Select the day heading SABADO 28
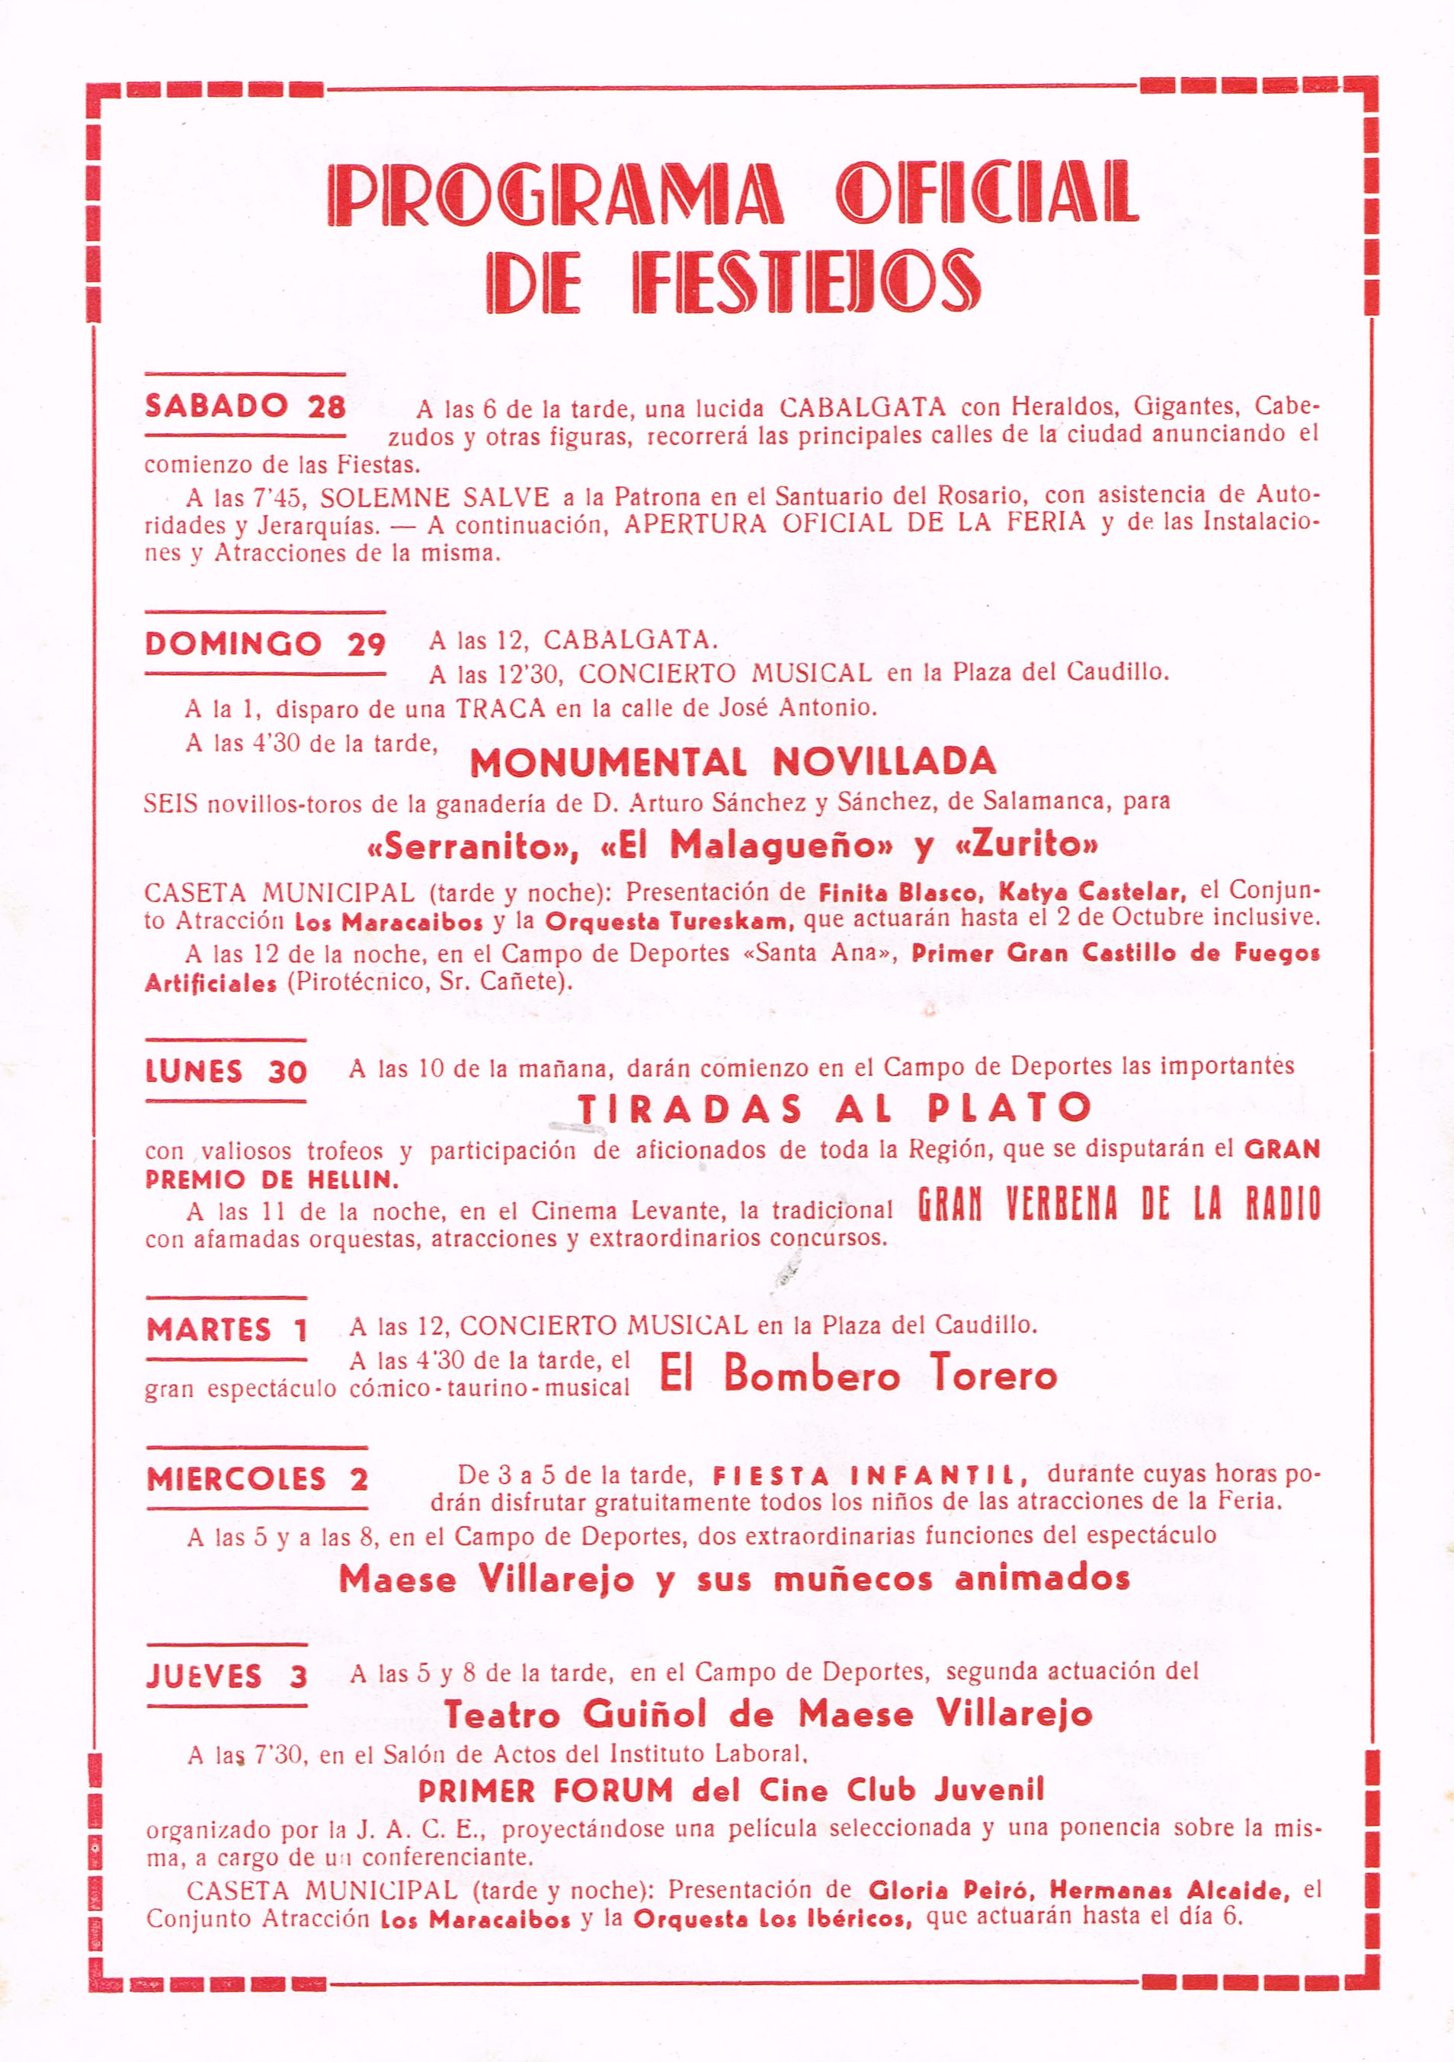pos(245,407)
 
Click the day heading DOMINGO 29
pos(265,644)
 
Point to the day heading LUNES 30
pos(226,1071)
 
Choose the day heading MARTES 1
pos(227,1329)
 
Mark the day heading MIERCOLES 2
pos(258,1479)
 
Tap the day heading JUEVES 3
pos(227,1676)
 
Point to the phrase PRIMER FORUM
pos(545,1791)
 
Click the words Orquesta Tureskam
pos(669,922)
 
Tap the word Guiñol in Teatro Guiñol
pos(645,1715)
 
